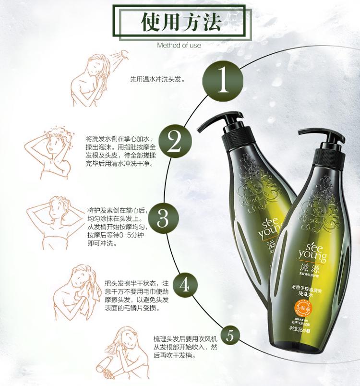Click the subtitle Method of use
point(179,46)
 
